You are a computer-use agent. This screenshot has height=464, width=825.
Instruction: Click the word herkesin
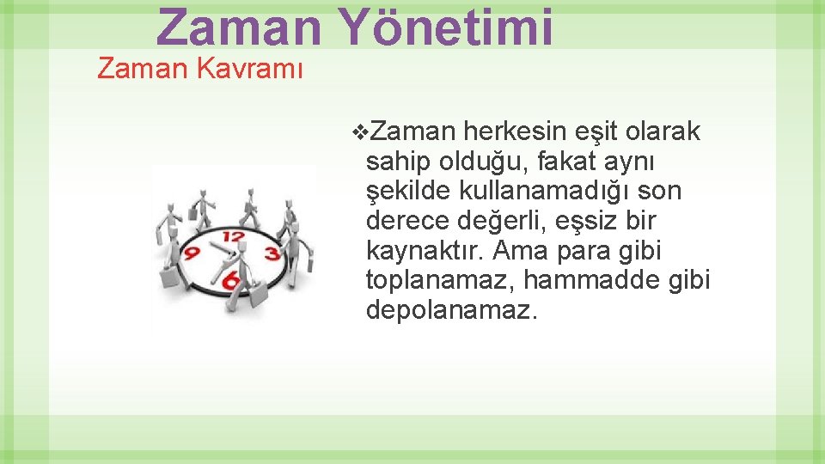(x=516, y=131)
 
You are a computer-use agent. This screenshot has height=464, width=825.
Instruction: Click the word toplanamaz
(x=440, y=280)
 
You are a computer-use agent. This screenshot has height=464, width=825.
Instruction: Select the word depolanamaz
(x=451, y=310)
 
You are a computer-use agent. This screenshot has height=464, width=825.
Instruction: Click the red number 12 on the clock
(x=232, y=235)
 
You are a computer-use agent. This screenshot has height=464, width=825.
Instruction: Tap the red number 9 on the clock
(x=192, y=254)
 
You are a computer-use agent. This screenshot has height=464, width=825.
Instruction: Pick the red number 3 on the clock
(x=272, y=253)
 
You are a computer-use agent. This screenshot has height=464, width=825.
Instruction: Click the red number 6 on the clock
(x=231, y=280)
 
